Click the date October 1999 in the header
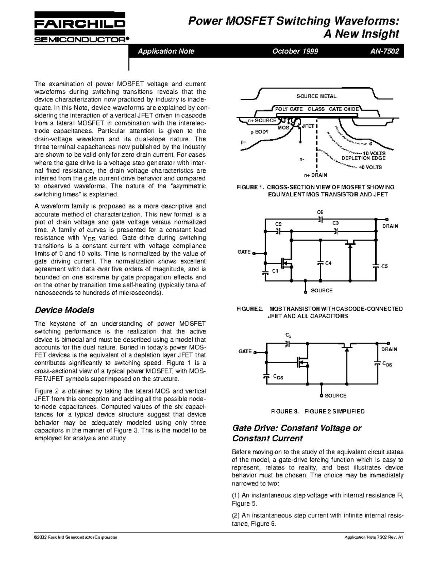[x=295, y=51]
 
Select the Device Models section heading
[x=64, y=310]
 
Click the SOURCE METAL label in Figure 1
[x=316, y=96]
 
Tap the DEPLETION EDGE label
[x=363, y=158]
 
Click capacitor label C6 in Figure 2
[x=320, y=212]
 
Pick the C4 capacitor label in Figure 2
[x=328, y=263]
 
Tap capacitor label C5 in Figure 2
[x=384, y=267]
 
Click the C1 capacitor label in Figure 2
[x=275, y=271]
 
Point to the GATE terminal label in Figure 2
[x=244, y=252]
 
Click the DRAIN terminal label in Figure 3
[x=389, y=349]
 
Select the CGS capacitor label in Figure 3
[x=278, y=378]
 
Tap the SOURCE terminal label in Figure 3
[x=335, y=395]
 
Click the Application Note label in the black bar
[x=166, y=51]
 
